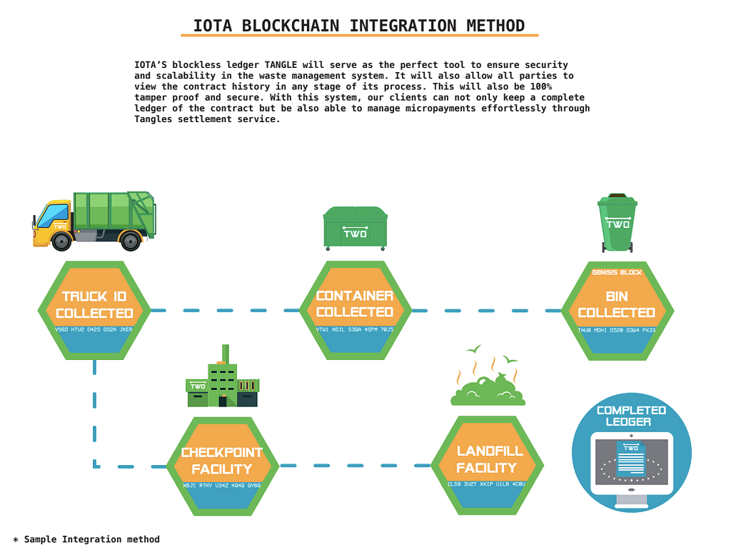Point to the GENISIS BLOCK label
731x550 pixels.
point(617,272)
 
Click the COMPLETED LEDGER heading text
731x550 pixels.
point(631,416)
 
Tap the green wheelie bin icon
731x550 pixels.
point(617,223)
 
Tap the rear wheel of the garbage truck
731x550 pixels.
point(131,241)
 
